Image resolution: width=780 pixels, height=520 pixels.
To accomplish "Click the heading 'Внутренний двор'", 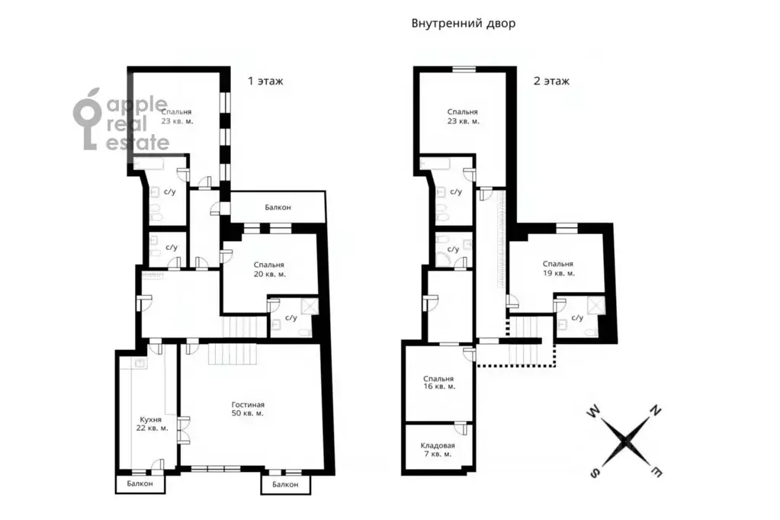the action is click(463, 24).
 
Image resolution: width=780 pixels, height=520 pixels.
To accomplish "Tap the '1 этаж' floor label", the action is click(265, 81).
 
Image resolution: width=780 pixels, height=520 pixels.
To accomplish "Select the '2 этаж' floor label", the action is click(551, 81).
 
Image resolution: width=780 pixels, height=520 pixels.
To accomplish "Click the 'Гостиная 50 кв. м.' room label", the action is click(248, 409).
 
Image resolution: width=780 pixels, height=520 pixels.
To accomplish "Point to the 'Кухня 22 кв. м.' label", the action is click(152, 423).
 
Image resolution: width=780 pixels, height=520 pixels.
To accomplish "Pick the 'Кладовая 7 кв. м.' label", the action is click(437, 450).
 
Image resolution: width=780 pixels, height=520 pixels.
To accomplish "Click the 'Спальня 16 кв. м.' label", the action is click(438, 382).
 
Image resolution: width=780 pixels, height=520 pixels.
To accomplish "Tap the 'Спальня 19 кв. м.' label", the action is click(558, 268).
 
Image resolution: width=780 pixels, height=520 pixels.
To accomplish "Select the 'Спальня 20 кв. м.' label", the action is click(269, 269).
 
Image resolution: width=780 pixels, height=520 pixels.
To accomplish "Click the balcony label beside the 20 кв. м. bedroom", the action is click(278, 207).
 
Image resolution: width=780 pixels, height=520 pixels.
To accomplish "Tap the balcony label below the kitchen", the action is click(140, 483).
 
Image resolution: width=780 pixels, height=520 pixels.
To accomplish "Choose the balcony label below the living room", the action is click(285, 484).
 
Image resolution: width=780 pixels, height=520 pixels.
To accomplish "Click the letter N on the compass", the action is click(656, 410).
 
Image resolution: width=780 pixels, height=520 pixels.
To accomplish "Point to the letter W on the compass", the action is click(593, 411).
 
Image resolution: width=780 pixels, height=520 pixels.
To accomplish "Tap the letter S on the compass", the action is click(595, 473).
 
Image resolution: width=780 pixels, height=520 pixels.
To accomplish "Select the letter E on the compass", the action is click(656, 470).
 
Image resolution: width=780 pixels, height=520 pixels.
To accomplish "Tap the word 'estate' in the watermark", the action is click(138, 143).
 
